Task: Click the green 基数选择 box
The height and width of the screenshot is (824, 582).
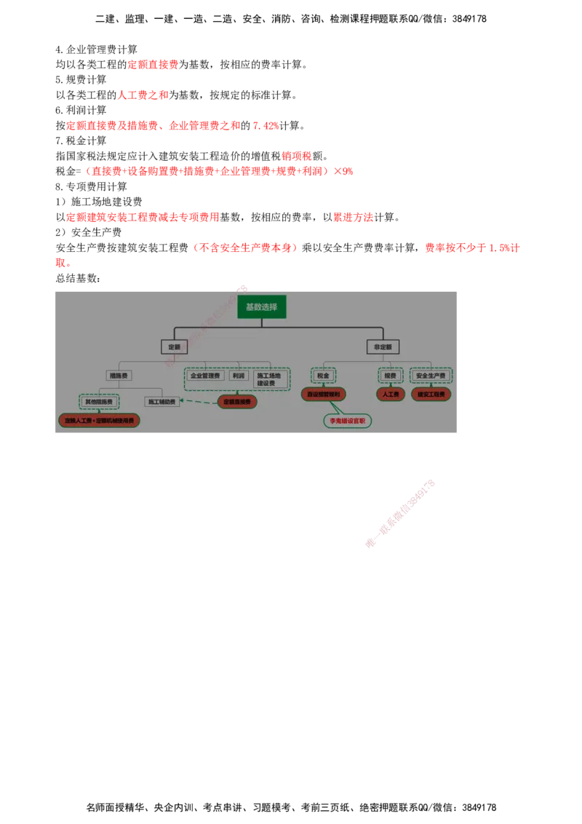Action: coord(262,306)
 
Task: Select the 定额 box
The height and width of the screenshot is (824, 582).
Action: coord(174,347)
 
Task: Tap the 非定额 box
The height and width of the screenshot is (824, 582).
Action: coord(383,347)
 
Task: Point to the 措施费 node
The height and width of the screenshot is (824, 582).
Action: coord(119,376)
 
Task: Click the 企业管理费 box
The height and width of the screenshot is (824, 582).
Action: coord(204,376)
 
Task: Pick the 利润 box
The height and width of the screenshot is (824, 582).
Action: coord(239,376)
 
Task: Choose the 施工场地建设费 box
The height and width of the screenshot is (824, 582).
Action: coord(269,379)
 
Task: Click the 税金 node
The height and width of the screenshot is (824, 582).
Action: coord(323,376)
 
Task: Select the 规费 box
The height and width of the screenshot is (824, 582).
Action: coord(391,376)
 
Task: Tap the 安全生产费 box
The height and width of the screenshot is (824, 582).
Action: coord(431,376)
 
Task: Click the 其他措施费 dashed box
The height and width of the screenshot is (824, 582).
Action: coord(99,401)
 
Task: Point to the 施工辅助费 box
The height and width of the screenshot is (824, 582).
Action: coord(162,401)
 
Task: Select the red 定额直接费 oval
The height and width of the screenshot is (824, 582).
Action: coord(237,401)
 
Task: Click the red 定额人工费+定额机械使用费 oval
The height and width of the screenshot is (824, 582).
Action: coord(99,420)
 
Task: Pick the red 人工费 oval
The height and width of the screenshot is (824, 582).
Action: coord(391,394)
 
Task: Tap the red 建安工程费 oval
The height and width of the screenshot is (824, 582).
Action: coord(431,394)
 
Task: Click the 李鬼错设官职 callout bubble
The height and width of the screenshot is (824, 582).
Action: coord(348,421)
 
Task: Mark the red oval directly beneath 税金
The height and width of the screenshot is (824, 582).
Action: coord(323,394)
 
